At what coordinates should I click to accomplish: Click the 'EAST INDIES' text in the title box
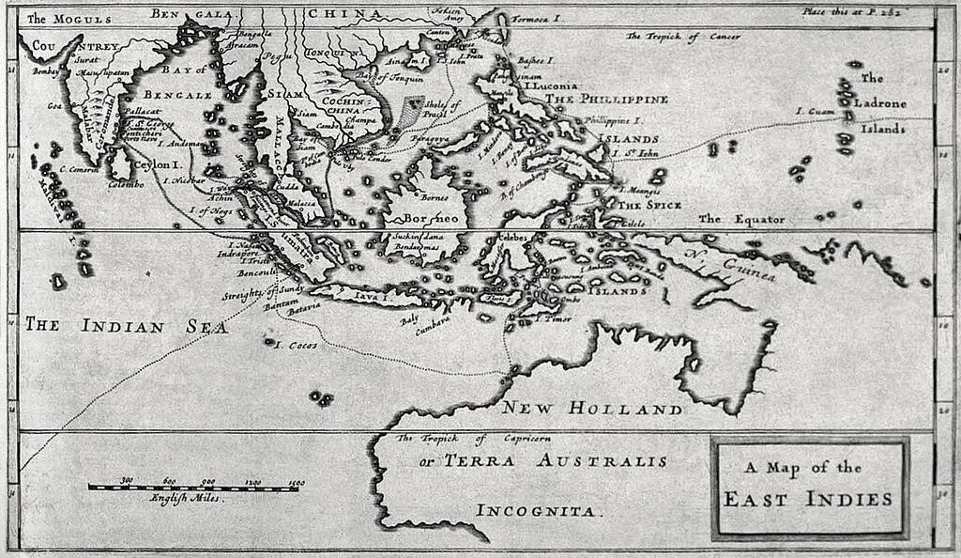click(808, 499)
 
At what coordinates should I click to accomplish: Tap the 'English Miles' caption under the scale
click(187, 499)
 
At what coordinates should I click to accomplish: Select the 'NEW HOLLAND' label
click(591, 409)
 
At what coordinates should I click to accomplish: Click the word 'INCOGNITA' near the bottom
click(537, 511)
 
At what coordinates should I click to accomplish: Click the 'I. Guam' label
click(815, 112)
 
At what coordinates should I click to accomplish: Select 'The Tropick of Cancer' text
click(683, 37)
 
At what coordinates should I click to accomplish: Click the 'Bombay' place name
click(45, 70)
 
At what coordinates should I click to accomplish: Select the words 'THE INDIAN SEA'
click(126, 326)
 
